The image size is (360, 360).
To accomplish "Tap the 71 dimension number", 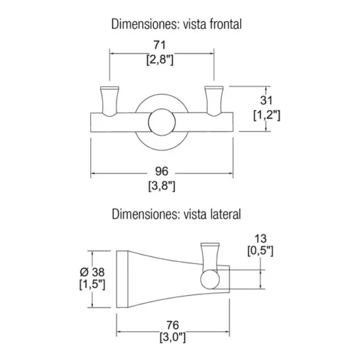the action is (x=160, y=44).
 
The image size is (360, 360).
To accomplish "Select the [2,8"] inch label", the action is (x=160, y=60).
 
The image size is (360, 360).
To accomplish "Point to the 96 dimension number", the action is (x=162, y=171).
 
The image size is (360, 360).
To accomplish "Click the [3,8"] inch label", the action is (x=162, y=186).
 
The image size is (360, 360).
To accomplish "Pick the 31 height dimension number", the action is (x=266, y=100).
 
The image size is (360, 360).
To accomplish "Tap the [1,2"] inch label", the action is (x=267, y=115).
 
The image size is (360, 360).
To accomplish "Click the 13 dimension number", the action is (x=260, y=239).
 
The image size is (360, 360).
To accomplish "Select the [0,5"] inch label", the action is (x=260, y=251).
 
